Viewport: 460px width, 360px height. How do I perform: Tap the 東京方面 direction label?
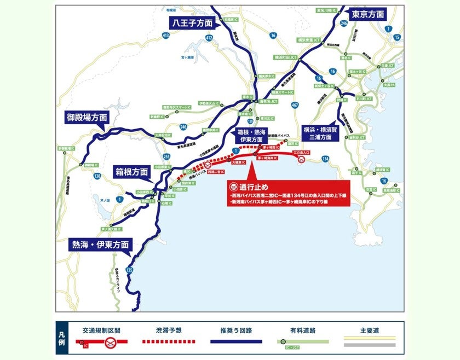(x=368, y=14)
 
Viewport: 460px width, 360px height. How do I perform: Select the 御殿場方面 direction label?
(x=87, y=117)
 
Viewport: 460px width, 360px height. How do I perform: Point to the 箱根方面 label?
(x=132, y=171)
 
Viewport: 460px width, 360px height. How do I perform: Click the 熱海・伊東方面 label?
(x=101, y=245)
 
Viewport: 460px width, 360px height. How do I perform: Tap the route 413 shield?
(x=166, y=36)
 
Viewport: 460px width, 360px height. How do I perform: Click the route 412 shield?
(x=209, y=37)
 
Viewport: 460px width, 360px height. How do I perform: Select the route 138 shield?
(x=97, y=176)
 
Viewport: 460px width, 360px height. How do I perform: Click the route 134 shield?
(x=326, y=159)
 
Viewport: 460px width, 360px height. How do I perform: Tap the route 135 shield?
(x=129, y=270)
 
